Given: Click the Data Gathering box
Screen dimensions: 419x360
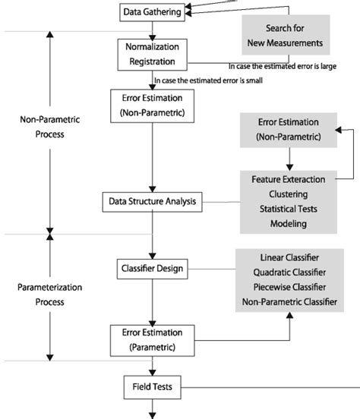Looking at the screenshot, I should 153,11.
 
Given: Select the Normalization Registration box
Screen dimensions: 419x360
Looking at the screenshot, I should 153,54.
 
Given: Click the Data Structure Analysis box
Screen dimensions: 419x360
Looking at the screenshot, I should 153,202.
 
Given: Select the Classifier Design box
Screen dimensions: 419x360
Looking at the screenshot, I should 153,268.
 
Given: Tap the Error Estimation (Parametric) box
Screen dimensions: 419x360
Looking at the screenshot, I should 153,339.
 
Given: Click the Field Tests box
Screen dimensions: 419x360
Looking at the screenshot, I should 153,387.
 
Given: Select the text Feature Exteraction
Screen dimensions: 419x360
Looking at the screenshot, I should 288,179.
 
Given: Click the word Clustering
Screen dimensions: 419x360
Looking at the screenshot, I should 288,194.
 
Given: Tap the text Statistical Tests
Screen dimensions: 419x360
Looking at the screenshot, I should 288,209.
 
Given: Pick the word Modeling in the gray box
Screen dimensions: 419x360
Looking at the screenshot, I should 288,224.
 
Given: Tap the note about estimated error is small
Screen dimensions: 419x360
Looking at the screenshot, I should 207,80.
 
